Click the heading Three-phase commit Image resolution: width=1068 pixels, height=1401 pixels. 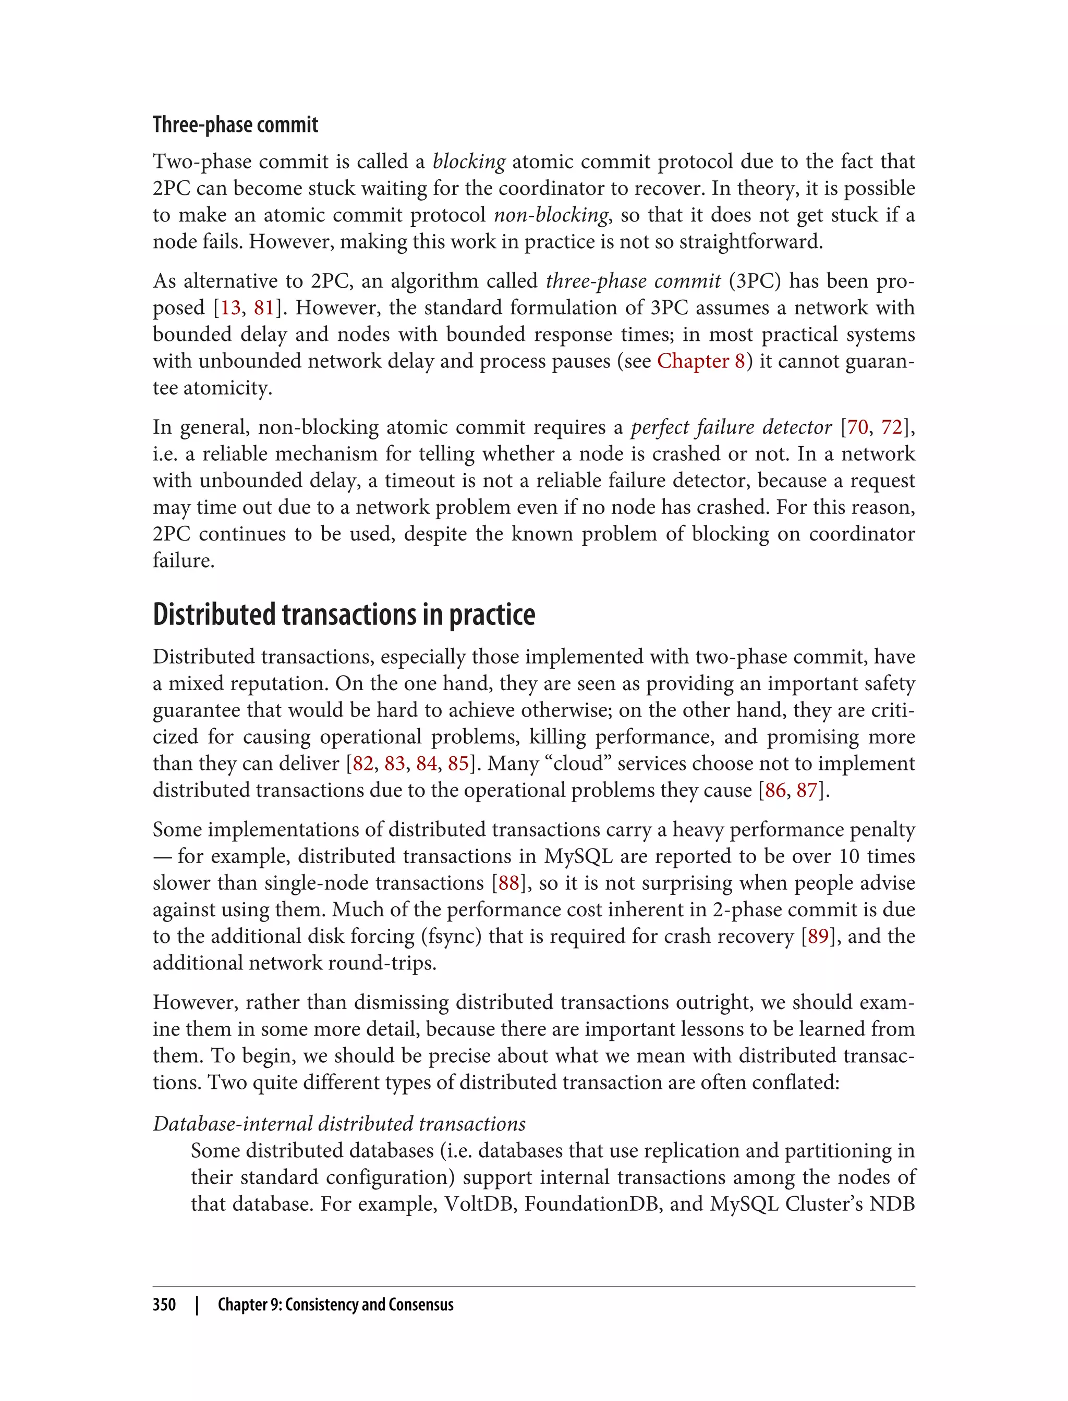click(235, 125)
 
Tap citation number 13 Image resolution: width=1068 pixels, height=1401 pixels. click(230, 308)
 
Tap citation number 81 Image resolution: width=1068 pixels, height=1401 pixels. click(264, 308)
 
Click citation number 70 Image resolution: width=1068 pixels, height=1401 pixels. click(857, 427)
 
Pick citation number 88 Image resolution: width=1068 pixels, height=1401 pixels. click(508, 882)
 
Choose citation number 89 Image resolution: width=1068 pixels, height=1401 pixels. click(818, 936)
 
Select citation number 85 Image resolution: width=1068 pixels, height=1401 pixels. click(458, 763)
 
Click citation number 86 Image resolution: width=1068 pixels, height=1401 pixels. click(775, 790)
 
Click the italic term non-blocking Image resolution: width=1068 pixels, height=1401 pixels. click(551, 215)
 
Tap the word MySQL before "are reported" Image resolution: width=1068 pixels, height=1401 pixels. click(578, 856)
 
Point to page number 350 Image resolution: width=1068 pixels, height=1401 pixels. click(164, 1305)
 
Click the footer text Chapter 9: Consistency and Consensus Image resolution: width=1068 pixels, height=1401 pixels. click(336, 1305)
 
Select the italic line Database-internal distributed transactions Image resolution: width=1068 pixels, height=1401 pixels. click(339, 1123)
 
